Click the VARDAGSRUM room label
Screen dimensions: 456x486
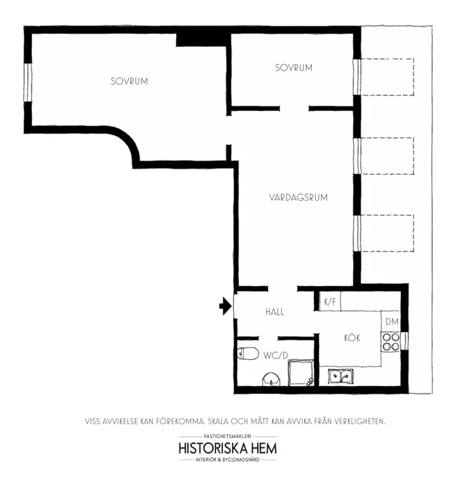298,197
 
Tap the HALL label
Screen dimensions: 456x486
275,312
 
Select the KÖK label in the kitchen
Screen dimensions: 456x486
352,338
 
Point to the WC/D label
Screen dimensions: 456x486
275,356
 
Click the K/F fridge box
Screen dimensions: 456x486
330,301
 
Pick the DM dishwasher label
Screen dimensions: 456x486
392,322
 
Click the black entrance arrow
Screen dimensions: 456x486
226,306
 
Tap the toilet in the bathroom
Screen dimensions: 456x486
248,353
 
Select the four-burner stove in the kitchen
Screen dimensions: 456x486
391,341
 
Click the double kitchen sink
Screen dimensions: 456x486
341,376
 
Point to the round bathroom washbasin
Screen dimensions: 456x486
271,379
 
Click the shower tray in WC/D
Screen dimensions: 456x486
301,373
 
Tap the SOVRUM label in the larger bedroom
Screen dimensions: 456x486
129,81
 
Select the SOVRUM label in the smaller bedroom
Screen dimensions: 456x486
294,68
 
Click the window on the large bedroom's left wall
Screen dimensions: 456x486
28,82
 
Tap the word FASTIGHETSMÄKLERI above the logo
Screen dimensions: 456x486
227,436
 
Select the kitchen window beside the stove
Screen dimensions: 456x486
404,341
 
